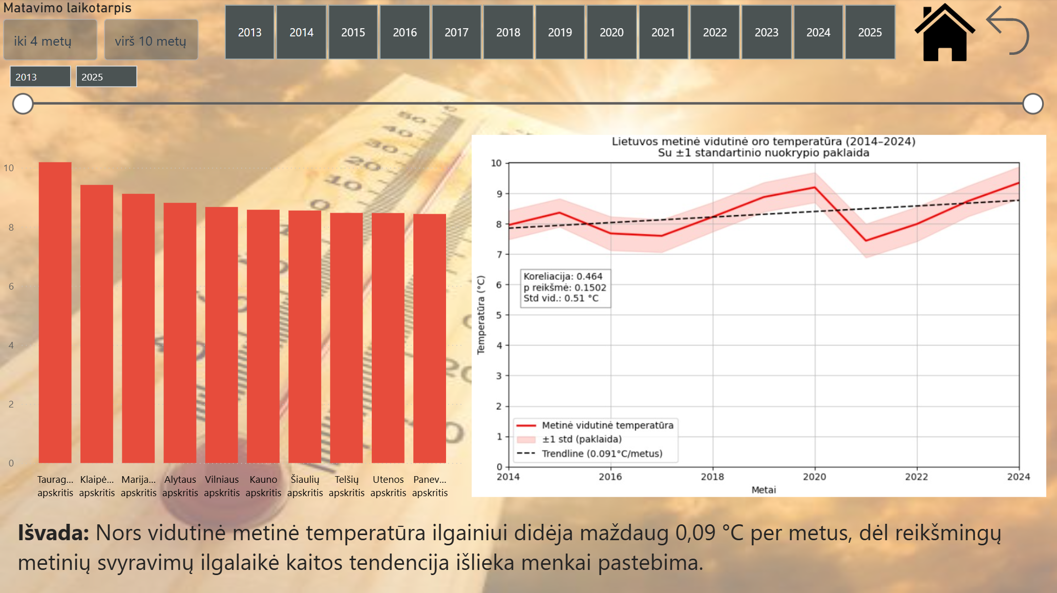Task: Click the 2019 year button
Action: click(560, 32)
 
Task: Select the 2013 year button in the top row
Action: click(249, 32)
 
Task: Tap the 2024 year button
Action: click(818, 32)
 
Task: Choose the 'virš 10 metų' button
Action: click(151, 40)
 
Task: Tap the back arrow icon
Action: click(1008, 31)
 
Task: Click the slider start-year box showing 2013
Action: click(40, 77)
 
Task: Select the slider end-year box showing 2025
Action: click(106, 77)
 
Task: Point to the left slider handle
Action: click(23, 104)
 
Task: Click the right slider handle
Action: click(1032, 104)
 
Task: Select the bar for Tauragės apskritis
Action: click(55, 313)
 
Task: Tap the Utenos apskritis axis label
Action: click(388, 486)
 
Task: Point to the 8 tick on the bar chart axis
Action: click(11, 227)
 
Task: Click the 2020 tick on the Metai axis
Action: click(814, 477)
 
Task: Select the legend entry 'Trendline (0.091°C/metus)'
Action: click(602, 454)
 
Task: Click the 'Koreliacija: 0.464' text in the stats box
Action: click(563, 276)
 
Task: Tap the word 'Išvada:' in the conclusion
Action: click(54, 533)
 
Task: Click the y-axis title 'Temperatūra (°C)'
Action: click(481, 315)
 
